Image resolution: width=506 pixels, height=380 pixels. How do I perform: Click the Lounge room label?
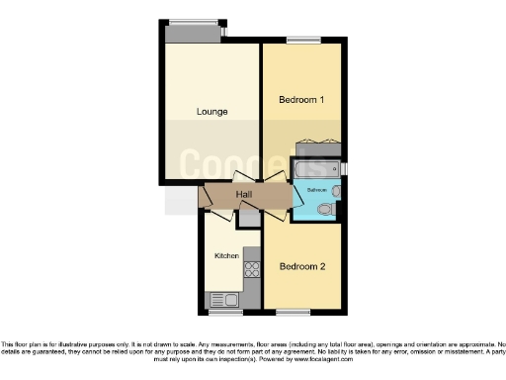click(x=211, y=112)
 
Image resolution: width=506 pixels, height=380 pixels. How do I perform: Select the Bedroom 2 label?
click(x=301, y=266)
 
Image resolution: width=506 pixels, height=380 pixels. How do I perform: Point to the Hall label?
click(x=244, y=195)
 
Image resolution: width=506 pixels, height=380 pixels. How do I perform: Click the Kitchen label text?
click(x=227, y=255)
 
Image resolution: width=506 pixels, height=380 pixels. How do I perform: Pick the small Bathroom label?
click(x=315, y=189)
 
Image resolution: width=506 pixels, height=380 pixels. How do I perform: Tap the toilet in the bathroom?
click(x=337, y=190)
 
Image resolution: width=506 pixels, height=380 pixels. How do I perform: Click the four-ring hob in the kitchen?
click(x=251, y=266)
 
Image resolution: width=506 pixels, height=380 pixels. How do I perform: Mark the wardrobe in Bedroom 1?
click(x=318, y=151)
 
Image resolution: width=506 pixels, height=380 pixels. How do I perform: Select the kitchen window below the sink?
click(x=225, y=313)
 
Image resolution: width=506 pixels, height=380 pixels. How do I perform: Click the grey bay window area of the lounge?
click(x=194, y=33)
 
